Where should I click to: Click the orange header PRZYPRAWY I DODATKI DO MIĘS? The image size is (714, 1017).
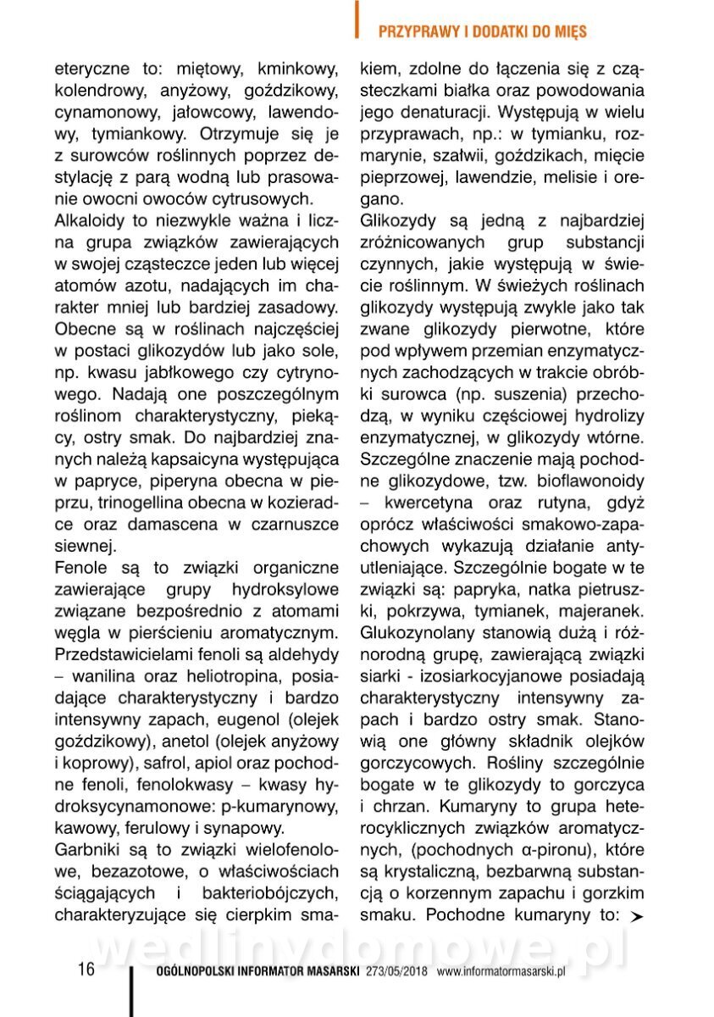pyautogui.click(x=482, y=32)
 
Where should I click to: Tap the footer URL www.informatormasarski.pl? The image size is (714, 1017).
pyautogui.click(x=501, y=972)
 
